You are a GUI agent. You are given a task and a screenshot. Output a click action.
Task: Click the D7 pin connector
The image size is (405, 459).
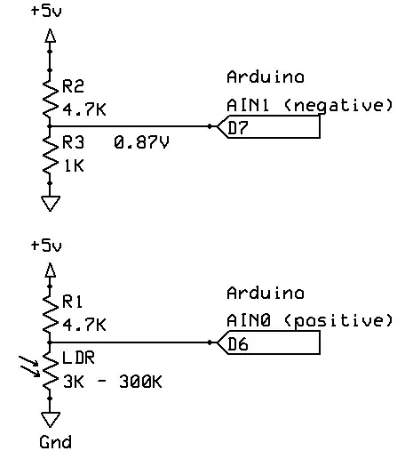266,128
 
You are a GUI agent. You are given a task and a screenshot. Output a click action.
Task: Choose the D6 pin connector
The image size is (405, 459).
266,343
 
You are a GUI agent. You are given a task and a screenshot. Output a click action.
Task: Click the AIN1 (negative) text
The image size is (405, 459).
309,105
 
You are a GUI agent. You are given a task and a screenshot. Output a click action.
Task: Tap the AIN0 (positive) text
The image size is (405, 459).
309,320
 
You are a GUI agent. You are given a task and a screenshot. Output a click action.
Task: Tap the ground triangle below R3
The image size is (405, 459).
51,204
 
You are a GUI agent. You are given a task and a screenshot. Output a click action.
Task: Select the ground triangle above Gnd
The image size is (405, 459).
51,419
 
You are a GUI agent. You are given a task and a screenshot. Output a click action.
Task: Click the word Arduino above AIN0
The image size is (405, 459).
265,293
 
